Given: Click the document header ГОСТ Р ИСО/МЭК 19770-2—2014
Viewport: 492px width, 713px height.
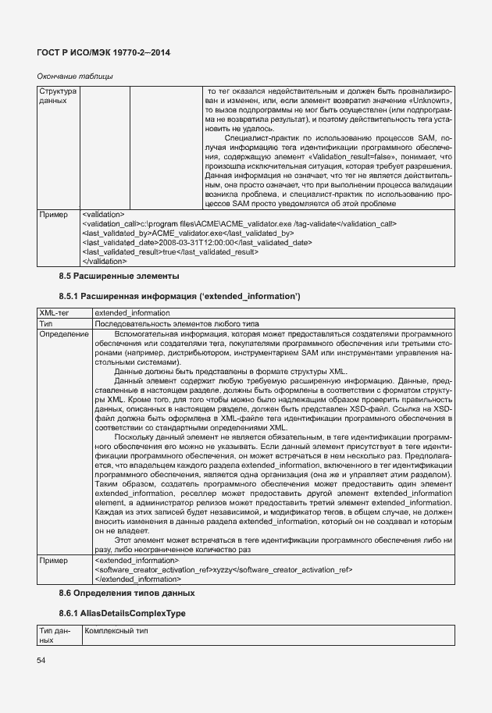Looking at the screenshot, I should pyautogui.click(x=103, y=52).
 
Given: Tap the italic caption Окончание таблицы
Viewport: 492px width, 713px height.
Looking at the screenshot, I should pyautogui.click(x=75, y=76).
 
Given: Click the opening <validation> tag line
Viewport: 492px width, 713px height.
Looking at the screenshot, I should pyautogui.click(x=102, y=213).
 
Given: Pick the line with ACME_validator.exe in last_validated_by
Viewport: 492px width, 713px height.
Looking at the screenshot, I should pyautogui.click(x=187, y=233).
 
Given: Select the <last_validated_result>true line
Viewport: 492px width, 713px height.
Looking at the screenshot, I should pyautogui.click(x=169, y=252).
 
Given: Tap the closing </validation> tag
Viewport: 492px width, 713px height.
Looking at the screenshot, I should pyautogui.click(x=104, y=262).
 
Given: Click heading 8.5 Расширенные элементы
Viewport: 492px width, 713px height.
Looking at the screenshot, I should pyautogui.click(x=119, y=276).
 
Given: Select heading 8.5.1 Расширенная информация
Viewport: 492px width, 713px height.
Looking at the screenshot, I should pyautogui.click(x=179, y=297).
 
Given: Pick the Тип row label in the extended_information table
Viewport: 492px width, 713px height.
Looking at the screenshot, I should pyautogui.click(x=46, y=323).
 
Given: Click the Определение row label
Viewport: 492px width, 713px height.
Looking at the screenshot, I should pyautogui.click(x=63, y=333).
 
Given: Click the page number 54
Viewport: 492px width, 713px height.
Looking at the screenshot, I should pyautogui.click(x=41, y=661).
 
